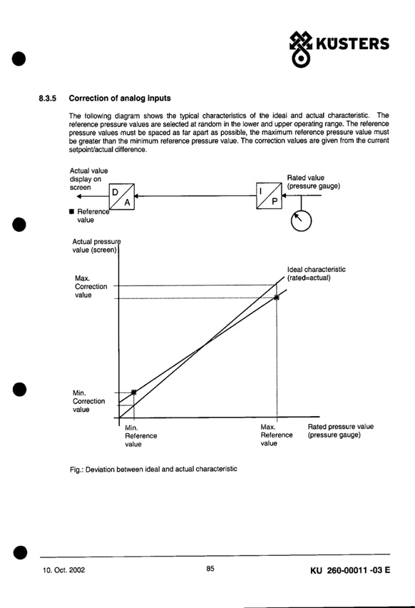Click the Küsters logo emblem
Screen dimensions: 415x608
click(301, 49)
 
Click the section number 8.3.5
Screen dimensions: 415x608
click(47, 98)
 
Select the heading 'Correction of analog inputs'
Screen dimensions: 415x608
click(120, 98)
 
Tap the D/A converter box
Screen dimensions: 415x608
click(122, 196)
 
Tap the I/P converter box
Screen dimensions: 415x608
click(269, 196)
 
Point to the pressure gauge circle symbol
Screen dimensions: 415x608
click(301, 221)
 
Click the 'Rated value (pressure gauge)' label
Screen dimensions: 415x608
click(314, 182)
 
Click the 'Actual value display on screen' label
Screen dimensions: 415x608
click(88, 179)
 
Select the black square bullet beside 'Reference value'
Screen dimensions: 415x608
click(71, 211)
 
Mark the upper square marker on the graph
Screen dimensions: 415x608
click(276, 298)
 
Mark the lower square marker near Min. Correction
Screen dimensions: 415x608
click(133, 392)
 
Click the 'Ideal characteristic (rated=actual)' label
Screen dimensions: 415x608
click(316, 273)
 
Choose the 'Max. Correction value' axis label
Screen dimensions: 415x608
click(91, 287)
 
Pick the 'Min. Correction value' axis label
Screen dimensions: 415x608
click(88, 401)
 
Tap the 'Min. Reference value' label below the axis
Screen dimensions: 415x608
click(140, 436)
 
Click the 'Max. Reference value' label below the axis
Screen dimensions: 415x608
click(276, 435)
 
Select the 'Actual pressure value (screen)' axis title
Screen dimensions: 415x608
click(96, 245)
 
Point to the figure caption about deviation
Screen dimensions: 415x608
click(153, 469)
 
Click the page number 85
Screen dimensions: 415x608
click(210, 569)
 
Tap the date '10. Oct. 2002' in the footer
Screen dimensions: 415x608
click(63, 570)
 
